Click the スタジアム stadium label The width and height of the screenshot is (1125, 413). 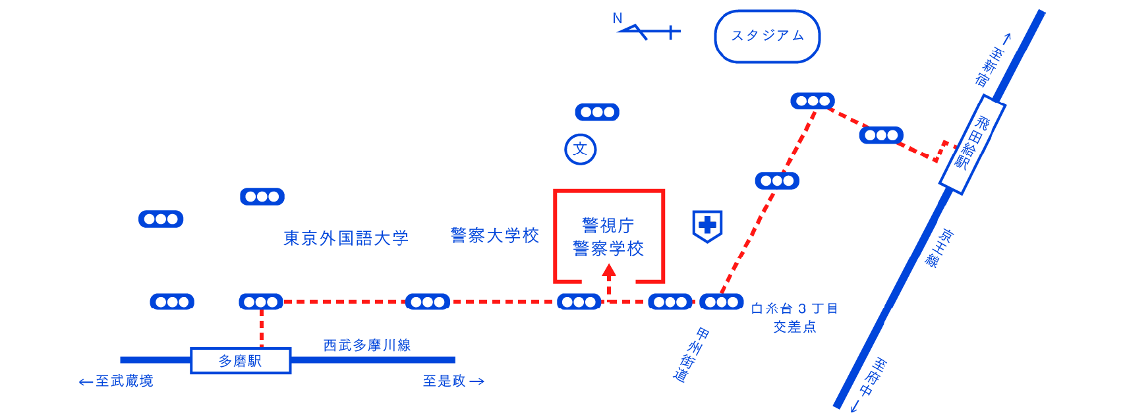767,36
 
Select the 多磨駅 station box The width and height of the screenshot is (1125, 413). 241,361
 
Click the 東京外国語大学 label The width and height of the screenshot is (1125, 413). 346,238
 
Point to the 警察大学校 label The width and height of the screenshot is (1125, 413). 495,235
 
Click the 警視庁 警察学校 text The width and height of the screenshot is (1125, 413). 608,237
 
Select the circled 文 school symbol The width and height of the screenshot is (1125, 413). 581,150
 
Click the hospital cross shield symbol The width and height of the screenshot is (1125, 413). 707,226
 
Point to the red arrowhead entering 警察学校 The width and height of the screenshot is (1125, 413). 609,269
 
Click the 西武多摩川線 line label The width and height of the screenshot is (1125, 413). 367,345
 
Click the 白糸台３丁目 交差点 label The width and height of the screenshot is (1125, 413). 795,317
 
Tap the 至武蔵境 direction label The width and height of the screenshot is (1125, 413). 116,381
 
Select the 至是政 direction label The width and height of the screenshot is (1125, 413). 453,381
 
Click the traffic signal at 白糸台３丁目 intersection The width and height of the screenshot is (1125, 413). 721,302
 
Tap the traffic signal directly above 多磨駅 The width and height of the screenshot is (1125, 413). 261,302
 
